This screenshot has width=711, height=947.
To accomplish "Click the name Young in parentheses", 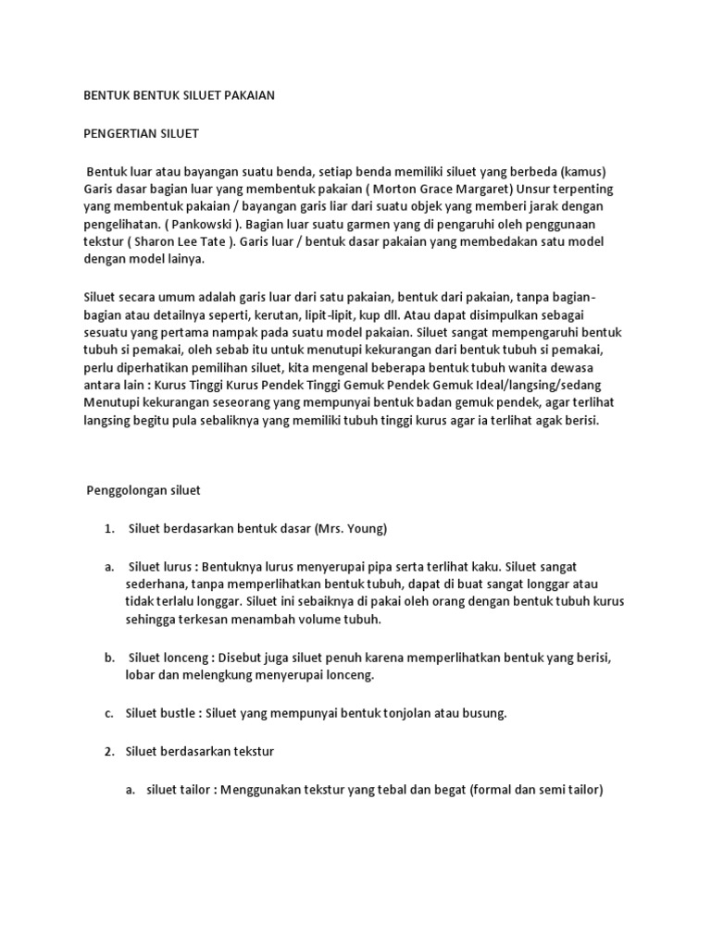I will point(364,529).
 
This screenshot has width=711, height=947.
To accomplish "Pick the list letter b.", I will point(108,658).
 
